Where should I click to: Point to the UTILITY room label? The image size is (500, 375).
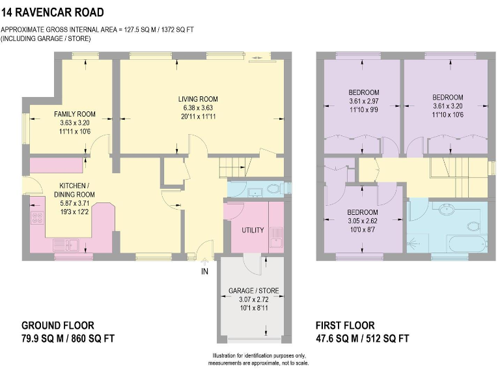252,231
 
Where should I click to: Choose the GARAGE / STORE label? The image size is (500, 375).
251,290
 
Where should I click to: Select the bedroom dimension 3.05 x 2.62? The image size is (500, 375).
363,221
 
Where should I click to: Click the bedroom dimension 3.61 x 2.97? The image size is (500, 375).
363,101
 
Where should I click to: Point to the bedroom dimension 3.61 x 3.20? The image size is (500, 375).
447,105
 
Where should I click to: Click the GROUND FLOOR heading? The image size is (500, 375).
57,326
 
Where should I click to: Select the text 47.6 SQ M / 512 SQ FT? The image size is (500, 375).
363,338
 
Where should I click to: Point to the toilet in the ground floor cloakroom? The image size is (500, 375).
274,190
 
